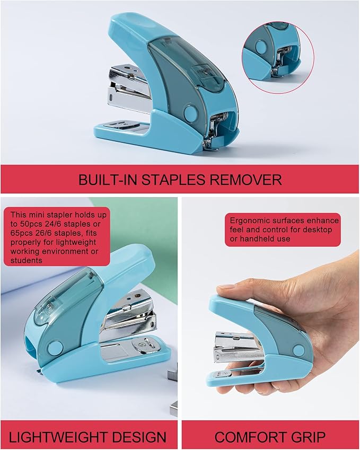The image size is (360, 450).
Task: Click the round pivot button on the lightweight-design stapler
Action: [x=55, y=348]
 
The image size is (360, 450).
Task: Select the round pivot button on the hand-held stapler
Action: [x=298, y=350]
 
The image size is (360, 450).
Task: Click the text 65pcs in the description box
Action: [x=21, y=233]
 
